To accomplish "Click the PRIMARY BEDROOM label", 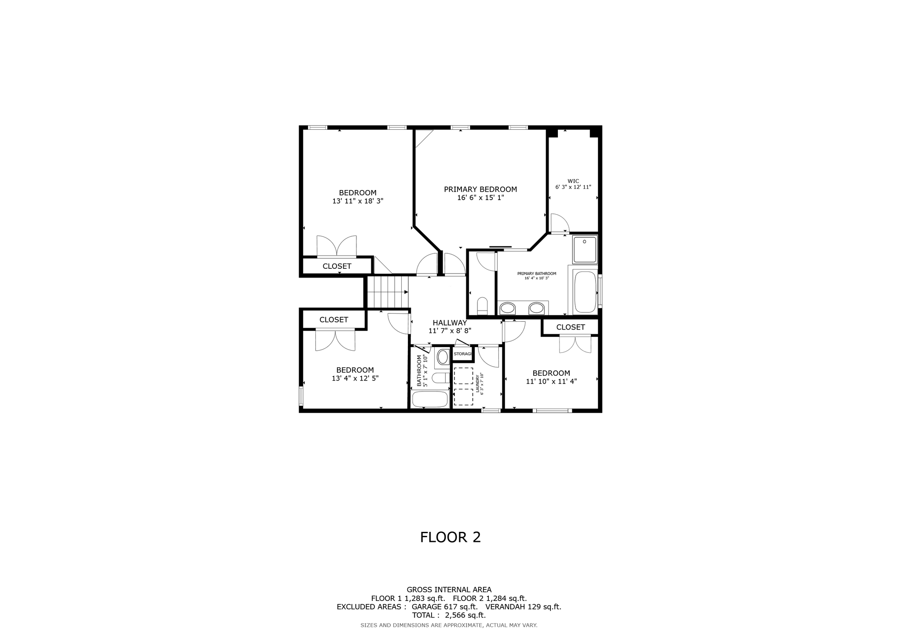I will click(480, 190).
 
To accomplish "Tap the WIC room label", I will click(573, 181).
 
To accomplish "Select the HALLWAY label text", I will click(450, 322).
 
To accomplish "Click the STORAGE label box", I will click(462, 354).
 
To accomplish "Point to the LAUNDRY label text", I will click(478, 384).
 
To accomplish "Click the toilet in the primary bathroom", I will click(482, 306).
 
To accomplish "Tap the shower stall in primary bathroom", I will click(585, 249).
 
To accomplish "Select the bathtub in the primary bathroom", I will click(585, 292).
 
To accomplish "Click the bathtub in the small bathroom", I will click(430, 399).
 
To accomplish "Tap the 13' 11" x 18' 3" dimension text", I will click(357, 201).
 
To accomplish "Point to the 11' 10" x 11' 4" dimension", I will click(551, 381).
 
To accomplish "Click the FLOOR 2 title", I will click(450, 537).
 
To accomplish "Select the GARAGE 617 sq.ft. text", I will click(444, 607).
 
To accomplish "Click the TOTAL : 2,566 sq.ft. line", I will click(449, 615).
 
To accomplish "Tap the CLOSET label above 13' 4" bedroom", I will click(333, 320).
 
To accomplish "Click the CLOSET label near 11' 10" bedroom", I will click(570, 327).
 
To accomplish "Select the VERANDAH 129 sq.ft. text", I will click(523, 607).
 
